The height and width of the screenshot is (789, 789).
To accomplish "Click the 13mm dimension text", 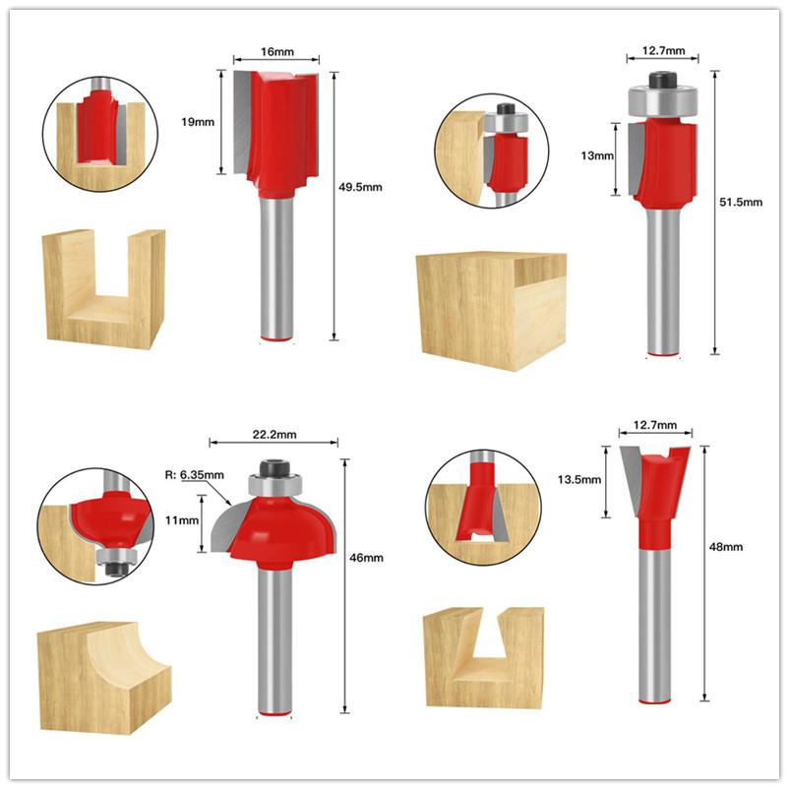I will tap(596, 156).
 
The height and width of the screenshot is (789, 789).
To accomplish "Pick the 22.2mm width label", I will tap(273, 432).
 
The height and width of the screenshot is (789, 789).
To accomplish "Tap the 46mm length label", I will tap(367, 558).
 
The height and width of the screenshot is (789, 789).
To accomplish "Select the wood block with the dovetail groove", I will tap(483, 656).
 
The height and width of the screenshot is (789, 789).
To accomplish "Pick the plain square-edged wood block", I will tap(491, 309).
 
